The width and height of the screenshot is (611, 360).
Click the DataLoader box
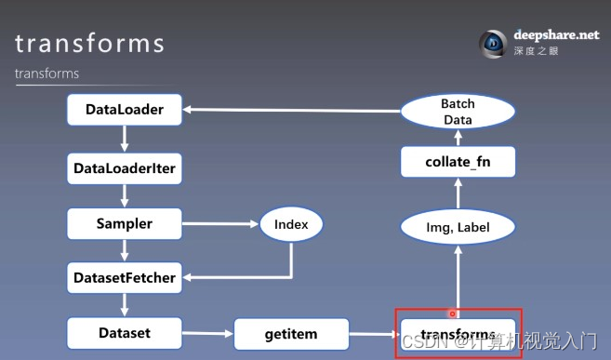coord(125,111)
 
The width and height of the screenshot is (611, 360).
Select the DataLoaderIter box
coord(125,168)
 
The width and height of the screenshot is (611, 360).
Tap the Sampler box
coord(125,223)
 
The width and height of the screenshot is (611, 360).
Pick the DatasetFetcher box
coord(125,277)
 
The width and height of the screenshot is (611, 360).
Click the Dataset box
coord(125,332)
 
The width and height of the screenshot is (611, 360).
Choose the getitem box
coord(291,333)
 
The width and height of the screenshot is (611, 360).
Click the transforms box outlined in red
coord(458,334)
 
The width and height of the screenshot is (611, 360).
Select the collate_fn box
coord(458,163)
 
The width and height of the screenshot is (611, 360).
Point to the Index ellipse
coord(291,223)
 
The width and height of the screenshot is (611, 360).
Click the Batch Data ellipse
coord(458,113)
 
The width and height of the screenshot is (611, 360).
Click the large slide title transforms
coord(89,44)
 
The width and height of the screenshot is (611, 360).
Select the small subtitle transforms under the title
coord(46,73)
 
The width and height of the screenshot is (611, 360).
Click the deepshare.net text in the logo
coord(556,35)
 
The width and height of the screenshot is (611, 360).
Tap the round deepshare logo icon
coord(492,44)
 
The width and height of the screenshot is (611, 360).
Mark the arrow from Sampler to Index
coord(220,223)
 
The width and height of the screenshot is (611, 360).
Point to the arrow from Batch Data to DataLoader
coord(292,111)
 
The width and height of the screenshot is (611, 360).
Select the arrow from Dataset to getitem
coord(206,333)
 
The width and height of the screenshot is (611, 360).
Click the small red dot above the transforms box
coord(453,313)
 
